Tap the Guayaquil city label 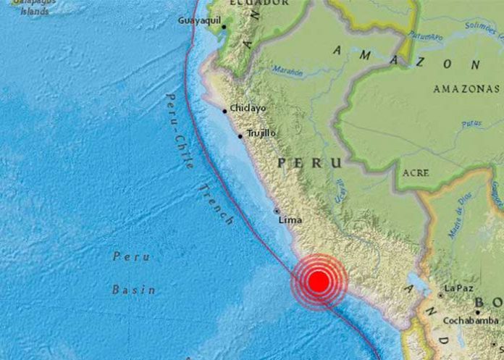coord(199,21)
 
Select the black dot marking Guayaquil coord(224,28)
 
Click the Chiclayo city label coord(248,109)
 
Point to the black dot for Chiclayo coord(225,111)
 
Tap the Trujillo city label coord(261,133)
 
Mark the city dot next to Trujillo coord(240,135)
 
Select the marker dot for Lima coord(277,211)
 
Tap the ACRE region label coord(415,173)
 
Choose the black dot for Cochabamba coord(476,312)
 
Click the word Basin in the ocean coord(133,290)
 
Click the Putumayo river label coord(425,35)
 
